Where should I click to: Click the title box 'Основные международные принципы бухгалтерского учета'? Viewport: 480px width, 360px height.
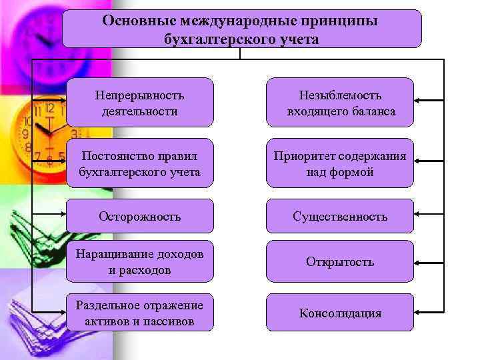point(241,29)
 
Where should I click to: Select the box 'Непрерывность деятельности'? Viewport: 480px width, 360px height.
point(140,103)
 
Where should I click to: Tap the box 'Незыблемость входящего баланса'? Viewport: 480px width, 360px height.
point(340,103)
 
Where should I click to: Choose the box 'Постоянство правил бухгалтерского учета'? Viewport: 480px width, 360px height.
point(140,163)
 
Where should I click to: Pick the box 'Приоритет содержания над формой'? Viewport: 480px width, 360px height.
point(340,163)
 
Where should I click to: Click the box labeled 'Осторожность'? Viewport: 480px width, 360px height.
point(140,217)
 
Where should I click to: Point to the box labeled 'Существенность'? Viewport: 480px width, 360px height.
point(340,217)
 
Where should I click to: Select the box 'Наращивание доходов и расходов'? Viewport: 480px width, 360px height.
point(140,262)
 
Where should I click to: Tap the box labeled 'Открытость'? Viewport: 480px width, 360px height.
point(340,262)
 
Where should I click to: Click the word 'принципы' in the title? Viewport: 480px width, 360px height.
point(344,20)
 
